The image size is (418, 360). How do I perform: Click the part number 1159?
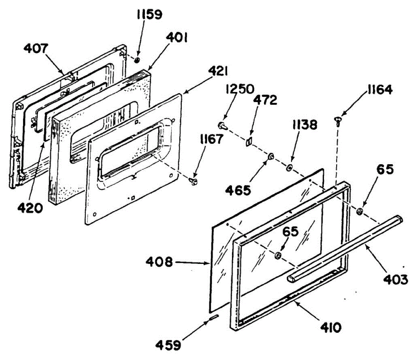[x=149, y=15]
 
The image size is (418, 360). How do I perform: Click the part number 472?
[x=265, y=100]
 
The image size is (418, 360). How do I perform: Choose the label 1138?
[x=305, y=125]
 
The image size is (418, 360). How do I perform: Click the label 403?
[x=395, y=279]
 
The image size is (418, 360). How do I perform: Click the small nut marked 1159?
[x=137, y=60]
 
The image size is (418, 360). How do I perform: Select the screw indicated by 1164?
[x=338, y=121]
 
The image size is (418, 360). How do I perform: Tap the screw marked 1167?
[x=194, y=181]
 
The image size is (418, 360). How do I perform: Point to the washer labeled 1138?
[x=289, y=169]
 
